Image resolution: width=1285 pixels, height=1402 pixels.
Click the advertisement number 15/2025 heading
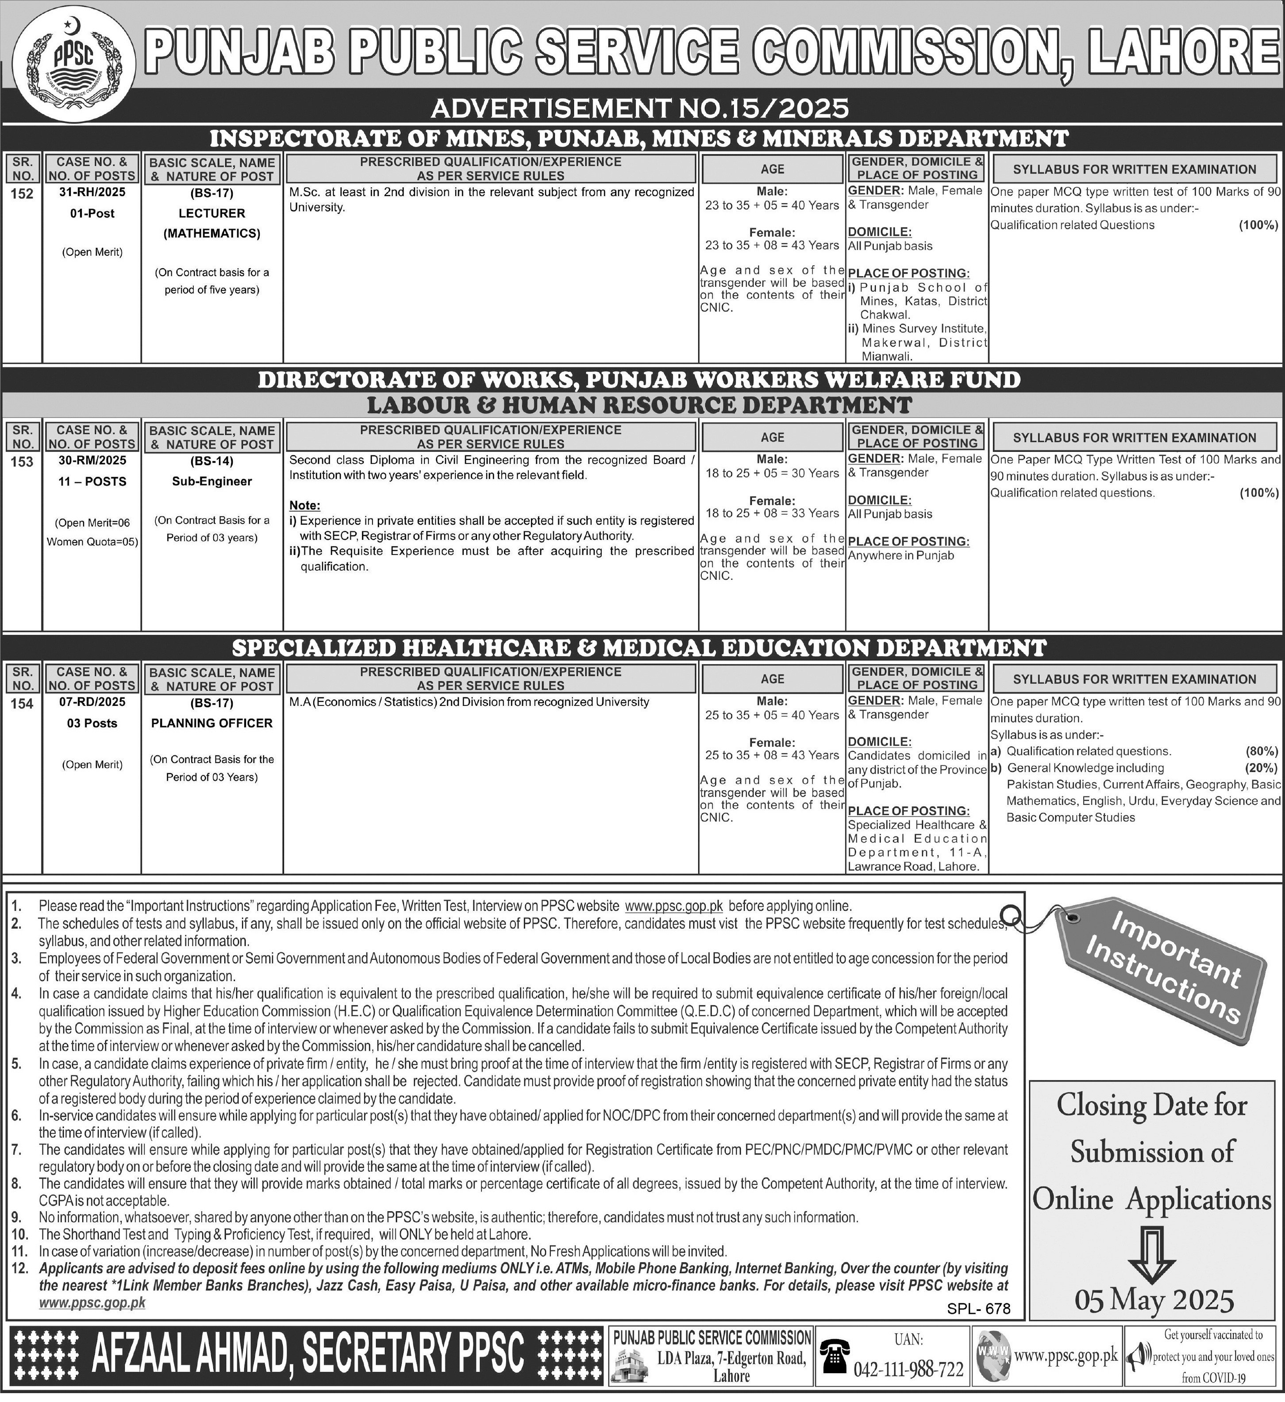pos(640,108)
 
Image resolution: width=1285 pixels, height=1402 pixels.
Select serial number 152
pos(22,194)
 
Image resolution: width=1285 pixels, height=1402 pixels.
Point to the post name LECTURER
pos(212,213)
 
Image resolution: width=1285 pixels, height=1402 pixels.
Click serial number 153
pos(22,462)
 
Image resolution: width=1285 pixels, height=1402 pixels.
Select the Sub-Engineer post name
pos(212,481)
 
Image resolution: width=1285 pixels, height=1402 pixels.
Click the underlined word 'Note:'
pos(304,505)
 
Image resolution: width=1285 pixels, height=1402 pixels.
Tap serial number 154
pos(22,704)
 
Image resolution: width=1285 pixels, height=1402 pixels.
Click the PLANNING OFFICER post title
pos(212,723)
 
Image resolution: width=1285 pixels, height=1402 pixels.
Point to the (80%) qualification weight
pos(1262,751)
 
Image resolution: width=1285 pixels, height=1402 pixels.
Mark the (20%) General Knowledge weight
pos(1262,768)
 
